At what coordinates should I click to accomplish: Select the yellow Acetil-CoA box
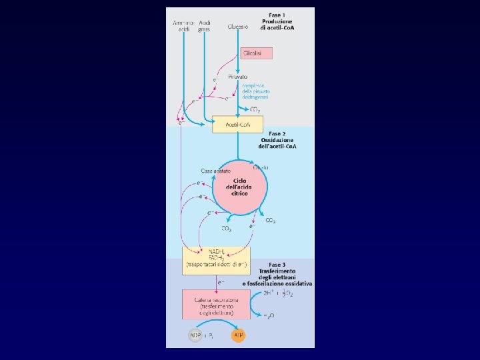point(237,124)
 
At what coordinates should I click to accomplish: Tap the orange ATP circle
point(238,335)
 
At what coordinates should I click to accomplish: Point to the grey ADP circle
point(194,335)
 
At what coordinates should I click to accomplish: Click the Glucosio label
point(237,27)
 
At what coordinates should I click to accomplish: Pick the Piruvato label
point(238,77)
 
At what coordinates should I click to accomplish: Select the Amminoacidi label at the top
point(180,26)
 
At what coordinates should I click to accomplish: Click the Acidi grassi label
point(204,26)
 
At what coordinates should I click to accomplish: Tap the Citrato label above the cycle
point(261,167)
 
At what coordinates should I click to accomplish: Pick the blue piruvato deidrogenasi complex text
point(253,92)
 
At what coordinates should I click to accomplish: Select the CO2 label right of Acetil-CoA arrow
point(254,109)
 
